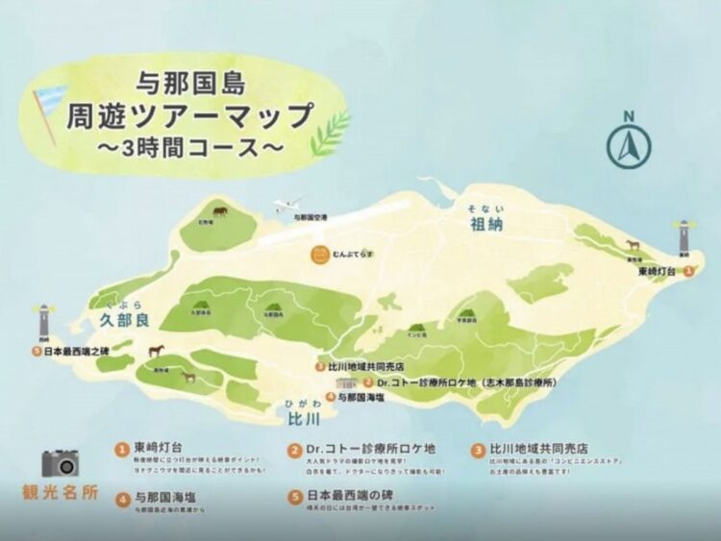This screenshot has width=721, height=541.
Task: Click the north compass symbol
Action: [628, 142]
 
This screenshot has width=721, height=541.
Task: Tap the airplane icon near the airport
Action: [286, 206]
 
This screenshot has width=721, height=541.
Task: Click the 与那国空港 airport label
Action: [309, 219]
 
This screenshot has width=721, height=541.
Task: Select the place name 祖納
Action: [485, 225]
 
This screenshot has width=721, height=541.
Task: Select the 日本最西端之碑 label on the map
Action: [76, 351]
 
